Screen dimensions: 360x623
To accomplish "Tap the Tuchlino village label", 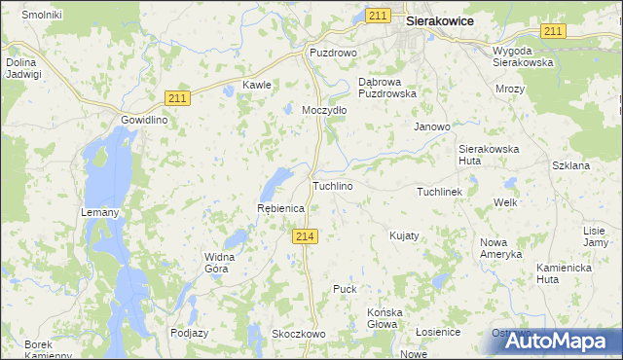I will pos(332,185).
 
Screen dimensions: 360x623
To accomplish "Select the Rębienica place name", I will pos(280,208).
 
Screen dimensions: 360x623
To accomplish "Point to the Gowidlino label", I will pos(145,120).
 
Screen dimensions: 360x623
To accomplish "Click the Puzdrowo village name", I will pos(334,52).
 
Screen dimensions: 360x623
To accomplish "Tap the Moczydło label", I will pos(324,110).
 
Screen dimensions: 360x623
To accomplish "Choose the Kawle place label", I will pos(256,85).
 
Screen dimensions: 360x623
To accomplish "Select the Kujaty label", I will pos(404,235).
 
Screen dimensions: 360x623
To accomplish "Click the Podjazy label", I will pos(189,332).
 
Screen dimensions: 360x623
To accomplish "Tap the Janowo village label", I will pos(432,126).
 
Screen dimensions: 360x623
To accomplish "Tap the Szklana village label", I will pos(570,165).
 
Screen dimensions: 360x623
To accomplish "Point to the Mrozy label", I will pos(509,89).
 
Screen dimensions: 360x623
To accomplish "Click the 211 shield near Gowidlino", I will pos(178,97).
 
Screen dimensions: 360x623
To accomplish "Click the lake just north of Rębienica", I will pos(276,179).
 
